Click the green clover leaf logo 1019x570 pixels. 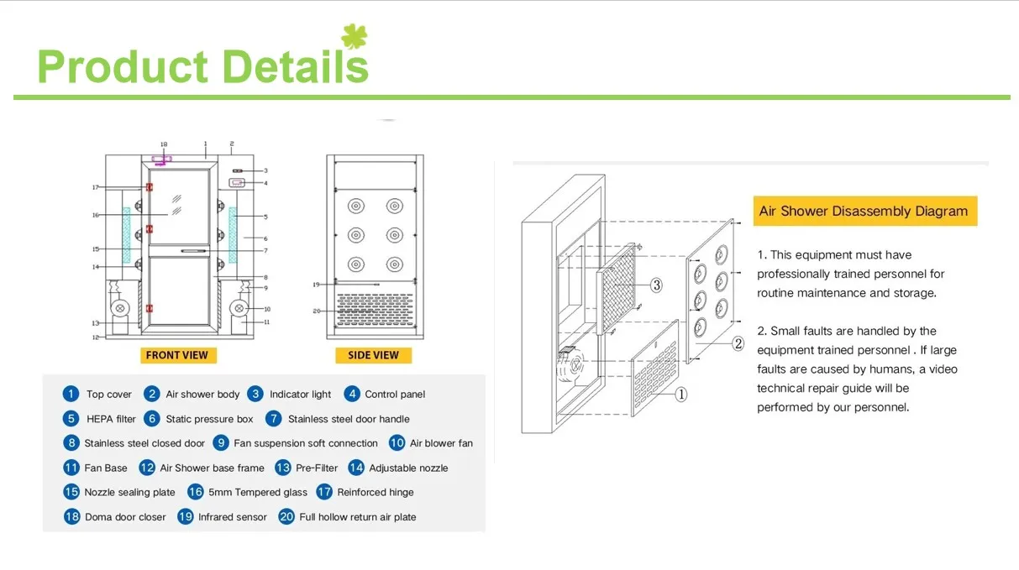tap(355, 38)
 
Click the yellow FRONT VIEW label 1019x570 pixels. tap(176, 355)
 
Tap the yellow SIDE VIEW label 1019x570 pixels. tap(373, 355)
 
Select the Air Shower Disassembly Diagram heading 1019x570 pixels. tap(864, 212)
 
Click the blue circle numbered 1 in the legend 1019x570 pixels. tap(71, 394)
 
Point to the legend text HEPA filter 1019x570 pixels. tap(111, 419)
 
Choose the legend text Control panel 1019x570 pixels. tap(395, 395)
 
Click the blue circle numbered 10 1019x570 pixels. tap(397, 443)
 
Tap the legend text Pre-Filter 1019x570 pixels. tap(317, 468)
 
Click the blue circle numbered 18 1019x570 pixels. tap(71, 517)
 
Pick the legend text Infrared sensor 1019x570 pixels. tap(232, 517)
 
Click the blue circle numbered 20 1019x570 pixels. tap(286, 517)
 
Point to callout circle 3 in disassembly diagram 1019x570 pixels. tap(657, 285)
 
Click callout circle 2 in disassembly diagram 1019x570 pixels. tap(738, 343)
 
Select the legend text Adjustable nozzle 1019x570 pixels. tap(408, 468)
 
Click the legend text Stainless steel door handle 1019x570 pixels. tap(349, 419)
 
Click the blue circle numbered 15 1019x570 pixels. tap(71, 493)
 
